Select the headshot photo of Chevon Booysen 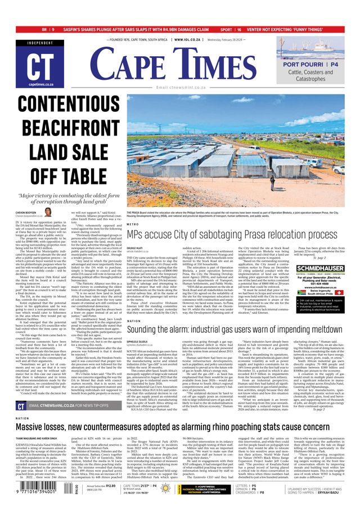pyautogui.click(x=48, y=212)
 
